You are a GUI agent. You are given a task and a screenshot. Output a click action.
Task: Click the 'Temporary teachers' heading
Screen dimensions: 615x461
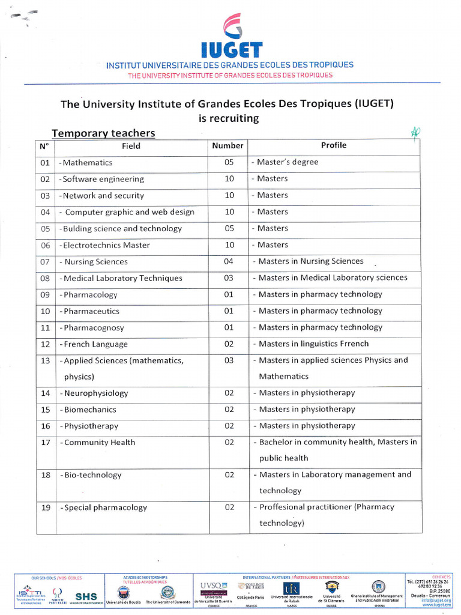pyautogui.click(x=103, y=133)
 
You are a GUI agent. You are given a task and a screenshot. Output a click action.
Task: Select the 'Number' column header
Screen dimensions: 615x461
pyautogui.click(x=227, y=145)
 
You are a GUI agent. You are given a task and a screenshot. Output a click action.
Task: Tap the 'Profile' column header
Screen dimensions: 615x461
pyautogui.click(x=334, y=145)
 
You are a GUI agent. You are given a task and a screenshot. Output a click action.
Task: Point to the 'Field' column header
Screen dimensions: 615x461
pyautogui.click(x=131, y=146)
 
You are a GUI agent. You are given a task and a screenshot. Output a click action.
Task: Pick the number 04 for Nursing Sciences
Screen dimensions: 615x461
pyautogui.click(x=229, y=261)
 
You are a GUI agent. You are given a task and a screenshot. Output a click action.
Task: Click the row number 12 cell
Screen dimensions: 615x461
pyautogui.click(x=45, y=344)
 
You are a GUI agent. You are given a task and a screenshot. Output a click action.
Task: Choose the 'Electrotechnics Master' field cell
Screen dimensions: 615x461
pyautogui.click(x=106, y=245)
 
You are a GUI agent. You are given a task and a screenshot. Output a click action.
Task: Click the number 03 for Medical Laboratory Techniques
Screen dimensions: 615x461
pyautogui.click(x=229, y=278)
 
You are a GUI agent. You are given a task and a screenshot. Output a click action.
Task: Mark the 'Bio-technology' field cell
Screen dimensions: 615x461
pyautogui.click(x=91, y=475)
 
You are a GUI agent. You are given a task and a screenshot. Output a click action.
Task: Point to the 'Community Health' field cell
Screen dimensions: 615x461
pyautogui.click(x=98, y=443)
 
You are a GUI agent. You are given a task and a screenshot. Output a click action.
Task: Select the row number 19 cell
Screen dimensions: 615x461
pyautogui.click(x=45, y=507)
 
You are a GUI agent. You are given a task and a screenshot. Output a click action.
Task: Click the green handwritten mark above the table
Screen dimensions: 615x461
pyautogui.click(x=415, y=133)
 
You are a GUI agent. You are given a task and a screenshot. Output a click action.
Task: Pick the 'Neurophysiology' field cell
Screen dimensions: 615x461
pyautogui.click(x=94, y=393)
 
